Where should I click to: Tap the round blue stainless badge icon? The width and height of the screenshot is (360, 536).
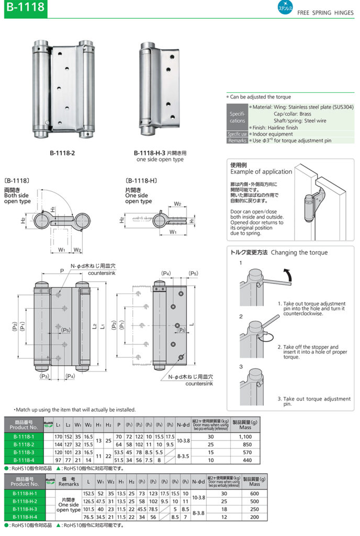285,8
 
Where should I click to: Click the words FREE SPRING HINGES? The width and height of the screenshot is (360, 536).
325,13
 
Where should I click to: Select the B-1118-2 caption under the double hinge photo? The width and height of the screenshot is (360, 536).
63,153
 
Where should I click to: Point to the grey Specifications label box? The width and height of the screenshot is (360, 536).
237,117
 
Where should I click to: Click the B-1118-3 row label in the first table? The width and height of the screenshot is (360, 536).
24,452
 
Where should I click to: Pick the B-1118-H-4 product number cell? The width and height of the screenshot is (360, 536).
24,517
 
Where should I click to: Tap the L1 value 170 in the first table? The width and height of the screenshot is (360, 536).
59,436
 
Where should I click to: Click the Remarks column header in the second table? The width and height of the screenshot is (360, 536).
69,482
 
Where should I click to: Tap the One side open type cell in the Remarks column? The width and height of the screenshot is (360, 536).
69,505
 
